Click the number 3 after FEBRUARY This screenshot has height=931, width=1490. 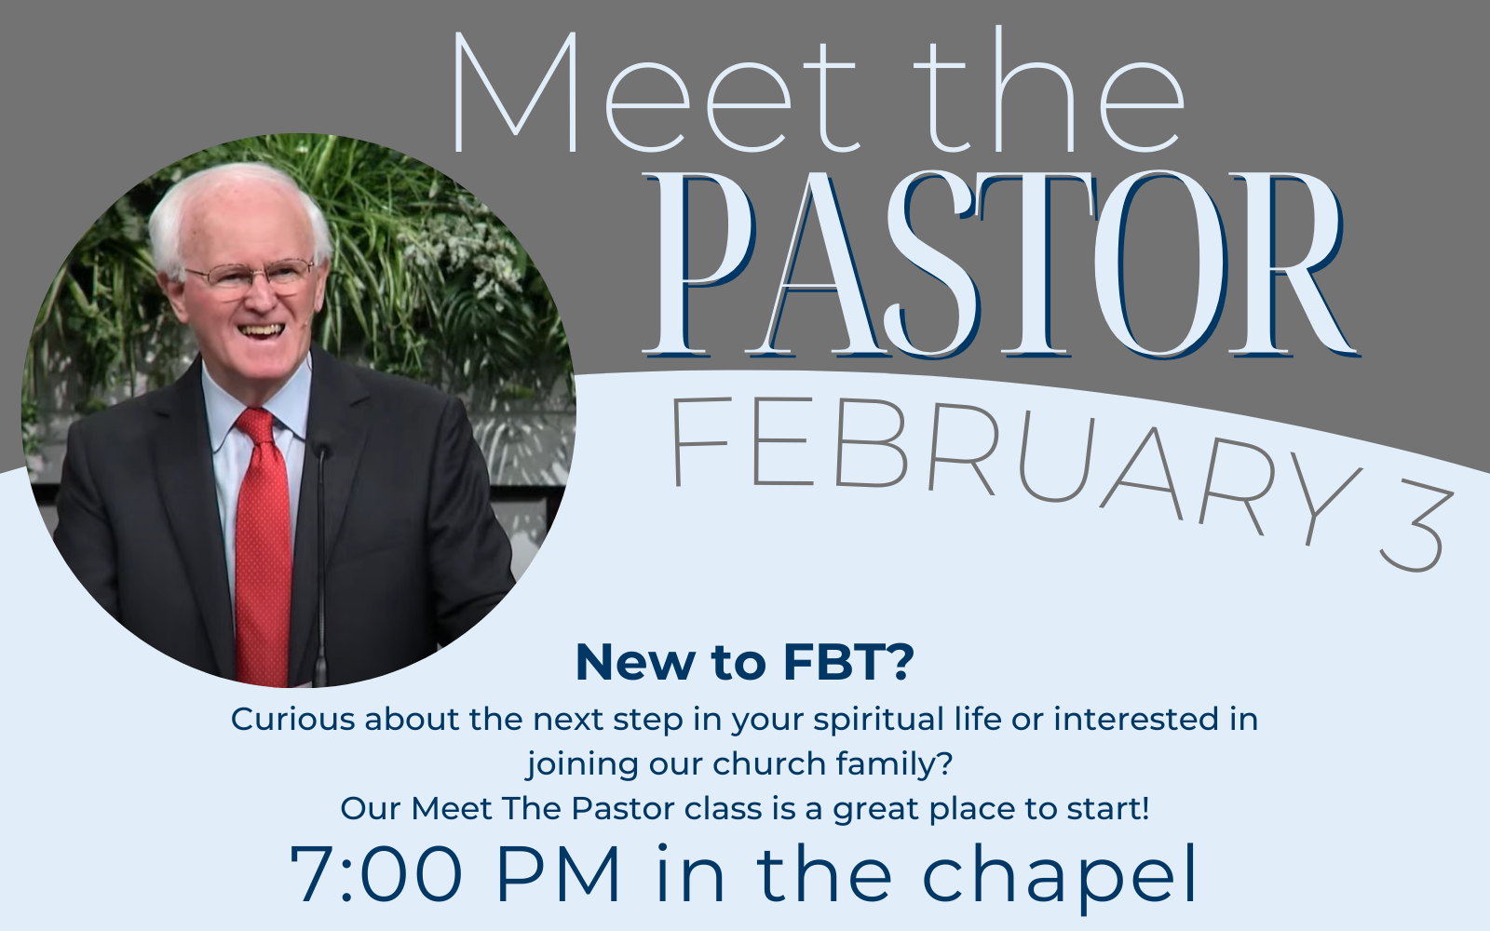(x=1414, y=529)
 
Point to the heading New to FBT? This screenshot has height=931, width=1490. (x=745, y=662)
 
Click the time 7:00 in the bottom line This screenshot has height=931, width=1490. (x=376, y=873)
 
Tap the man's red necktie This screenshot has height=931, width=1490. (x=262, y=546)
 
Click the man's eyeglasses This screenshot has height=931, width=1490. (x=251, y=276)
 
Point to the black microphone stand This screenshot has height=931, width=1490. (x=320, y=565)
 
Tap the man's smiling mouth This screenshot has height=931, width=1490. (x=261, y=330)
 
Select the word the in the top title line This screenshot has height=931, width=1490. (x=1049, y=89)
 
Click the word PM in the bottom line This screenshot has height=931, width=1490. (x=558, y=873)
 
